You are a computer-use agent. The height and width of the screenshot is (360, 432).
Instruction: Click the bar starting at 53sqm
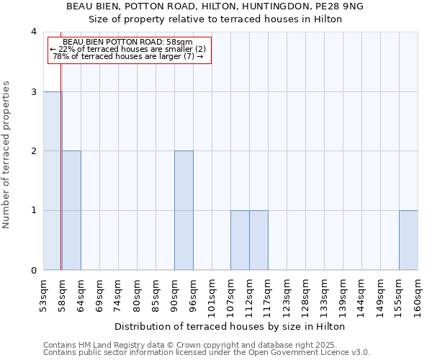(x=52, y=181)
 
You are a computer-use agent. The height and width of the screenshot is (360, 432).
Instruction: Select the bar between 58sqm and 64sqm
(x=71, y=210)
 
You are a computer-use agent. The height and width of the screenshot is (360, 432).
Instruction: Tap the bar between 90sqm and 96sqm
(x=184, y=210)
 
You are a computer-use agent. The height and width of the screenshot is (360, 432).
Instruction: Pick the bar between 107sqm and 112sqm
(x=240, y=240)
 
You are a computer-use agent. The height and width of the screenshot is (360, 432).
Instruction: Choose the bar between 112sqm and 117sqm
(x=258, y=240)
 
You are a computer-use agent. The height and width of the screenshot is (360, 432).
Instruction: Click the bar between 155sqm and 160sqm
(x=408, y=240)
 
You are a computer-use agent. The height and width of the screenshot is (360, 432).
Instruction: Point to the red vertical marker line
(x=61, y=158)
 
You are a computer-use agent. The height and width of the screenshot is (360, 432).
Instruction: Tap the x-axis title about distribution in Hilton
(x=230, y=326)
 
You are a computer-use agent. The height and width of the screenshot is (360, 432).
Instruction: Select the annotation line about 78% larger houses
(x=129, y=56)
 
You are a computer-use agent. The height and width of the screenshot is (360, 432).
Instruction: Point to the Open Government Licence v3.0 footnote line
(x=207, y=353)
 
